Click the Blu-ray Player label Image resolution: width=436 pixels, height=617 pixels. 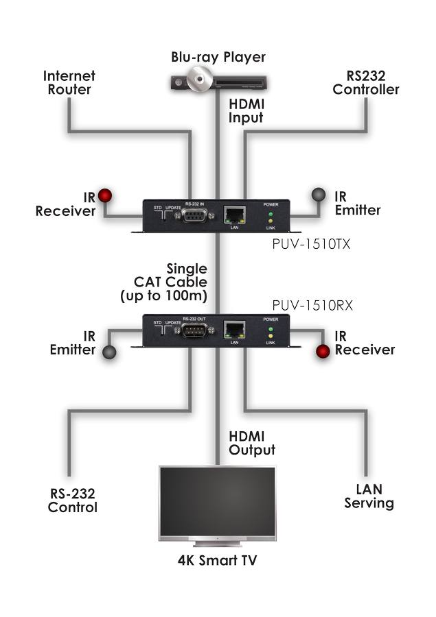(x=218, y=57)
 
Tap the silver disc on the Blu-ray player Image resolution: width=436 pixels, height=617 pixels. (x=200, y=80)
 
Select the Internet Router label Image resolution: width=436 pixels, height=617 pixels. (x=69, y=82)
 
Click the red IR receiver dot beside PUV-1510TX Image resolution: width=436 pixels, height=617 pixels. (x=105, y=195)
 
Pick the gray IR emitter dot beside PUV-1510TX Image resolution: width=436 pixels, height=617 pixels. (x=319, y=195)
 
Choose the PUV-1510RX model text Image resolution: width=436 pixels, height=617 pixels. (x=312, y=305)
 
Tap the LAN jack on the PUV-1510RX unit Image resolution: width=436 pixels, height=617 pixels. (x=235, y=329)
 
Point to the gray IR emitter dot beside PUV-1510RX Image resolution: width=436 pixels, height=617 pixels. (x=110, y=352)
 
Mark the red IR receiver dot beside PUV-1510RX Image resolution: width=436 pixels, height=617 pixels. (x=323, y=352)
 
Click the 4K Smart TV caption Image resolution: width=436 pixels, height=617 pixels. (x=218, y=561)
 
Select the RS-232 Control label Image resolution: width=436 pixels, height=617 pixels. (x=72, y=500)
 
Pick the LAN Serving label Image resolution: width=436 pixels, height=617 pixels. (x=369, y=497)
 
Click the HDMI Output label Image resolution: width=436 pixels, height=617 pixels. (x=253, y=444)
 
